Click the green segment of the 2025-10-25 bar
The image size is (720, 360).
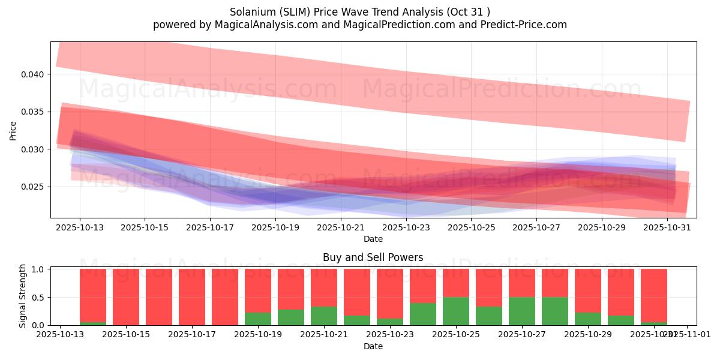click(x=456, y=311)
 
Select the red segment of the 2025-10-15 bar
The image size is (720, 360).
click(x=126, y=296)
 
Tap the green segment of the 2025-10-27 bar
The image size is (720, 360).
click(x=522, y=311)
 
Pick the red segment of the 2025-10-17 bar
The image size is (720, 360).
click(x=192, y=296)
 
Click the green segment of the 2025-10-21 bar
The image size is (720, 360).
click(x=324, y=316)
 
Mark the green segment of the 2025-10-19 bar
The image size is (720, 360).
click(x=258, y=319)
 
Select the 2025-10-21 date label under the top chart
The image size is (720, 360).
click(x=340, y=228)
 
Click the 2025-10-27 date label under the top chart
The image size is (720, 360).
click(x=536, y=228)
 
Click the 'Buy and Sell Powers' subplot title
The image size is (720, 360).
click(x=373, y=257)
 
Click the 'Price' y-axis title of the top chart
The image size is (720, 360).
click(x=14, y=130)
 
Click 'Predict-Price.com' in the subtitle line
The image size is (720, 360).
click(x=526, y=25)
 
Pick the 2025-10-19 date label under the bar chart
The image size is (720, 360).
click(x=258, y=334)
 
